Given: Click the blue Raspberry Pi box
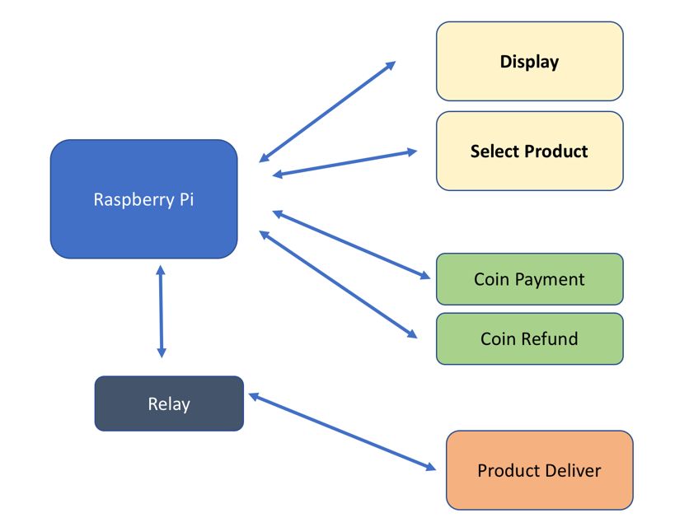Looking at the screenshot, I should (x=143, y=199).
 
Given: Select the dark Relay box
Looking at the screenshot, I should (x=169, y=403).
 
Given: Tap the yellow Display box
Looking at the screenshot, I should (x=529, y=61).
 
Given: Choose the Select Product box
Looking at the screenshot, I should (x=529, y=152).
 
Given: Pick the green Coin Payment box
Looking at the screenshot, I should (x=529, y=279).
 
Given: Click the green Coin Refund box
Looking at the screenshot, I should (x=529, y=338).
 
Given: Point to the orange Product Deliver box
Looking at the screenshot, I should (x=539, y=470).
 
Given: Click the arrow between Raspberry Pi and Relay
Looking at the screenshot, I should (x=161, y=310).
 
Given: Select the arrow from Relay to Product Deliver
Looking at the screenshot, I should (x=342, y=432).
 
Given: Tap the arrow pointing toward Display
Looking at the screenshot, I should (x=327, y=111).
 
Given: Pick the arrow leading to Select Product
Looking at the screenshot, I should (x=345, y=162).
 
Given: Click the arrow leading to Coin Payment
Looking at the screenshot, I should (x=354, y=245).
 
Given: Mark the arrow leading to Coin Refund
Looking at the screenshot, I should (x=338, y=284).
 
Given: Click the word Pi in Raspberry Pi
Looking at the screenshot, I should (x=186, y=199).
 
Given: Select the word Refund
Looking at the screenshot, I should (x=553, y=338).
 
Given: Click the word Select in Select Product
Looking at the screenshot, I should (x=495, y=152).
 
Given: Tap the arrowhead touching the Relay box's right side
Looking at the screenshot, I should (x=254, y=397).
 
